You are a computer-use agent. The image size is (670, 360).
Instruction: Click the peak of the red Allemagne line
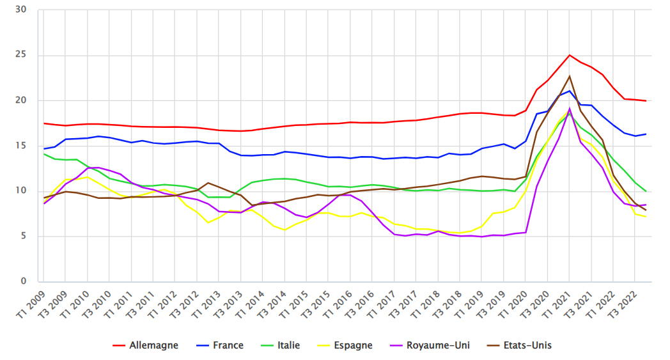pyautogui.click(x=569, y=55)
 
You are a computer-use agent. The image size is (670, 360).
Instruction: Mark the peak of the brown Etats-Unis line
pyautogui.click(x=569, y=76)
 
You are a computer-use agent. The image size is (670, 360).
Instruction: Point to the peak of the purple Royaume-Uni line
pyautogui.click(x=569, y=109)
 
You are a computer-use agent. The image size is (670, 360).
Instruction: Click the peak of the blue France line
pyautogui.click(x=569, y=91)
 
